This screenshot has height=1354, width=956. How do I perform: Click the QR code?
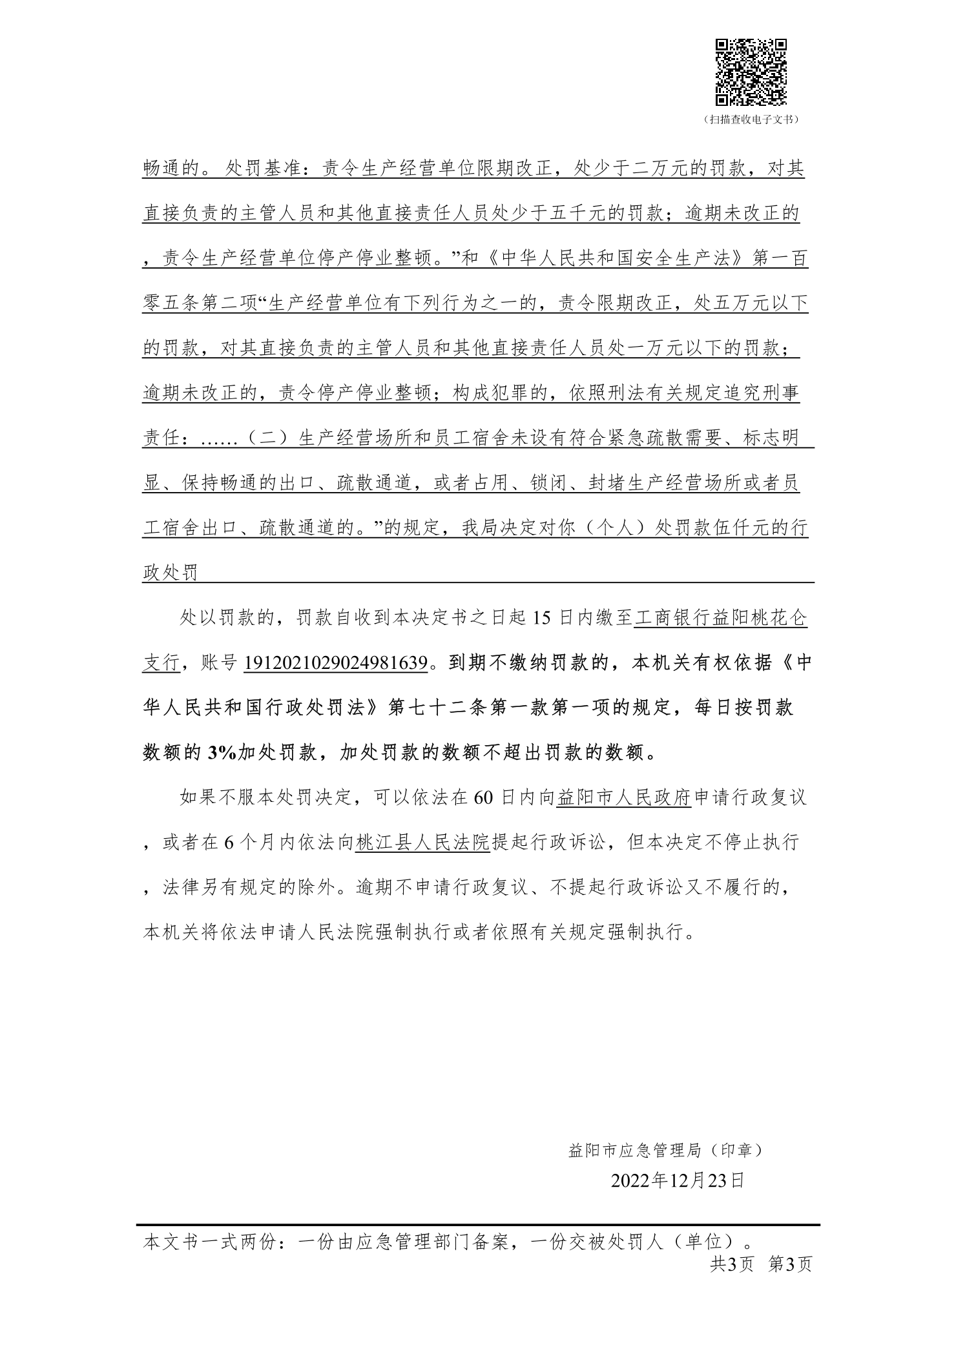750,72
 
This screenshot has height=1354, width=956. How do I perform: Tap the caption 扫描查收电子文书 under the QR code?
751,119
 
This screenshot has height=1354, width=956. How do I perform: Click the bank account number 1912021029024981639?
337,663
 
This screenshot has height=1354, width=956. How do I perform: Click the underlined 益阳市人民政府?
625,797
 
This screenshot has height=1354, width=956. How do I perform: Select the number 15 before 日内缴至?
543,618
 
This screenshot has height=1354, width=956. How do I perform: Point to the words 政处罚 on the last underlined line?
170,573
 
